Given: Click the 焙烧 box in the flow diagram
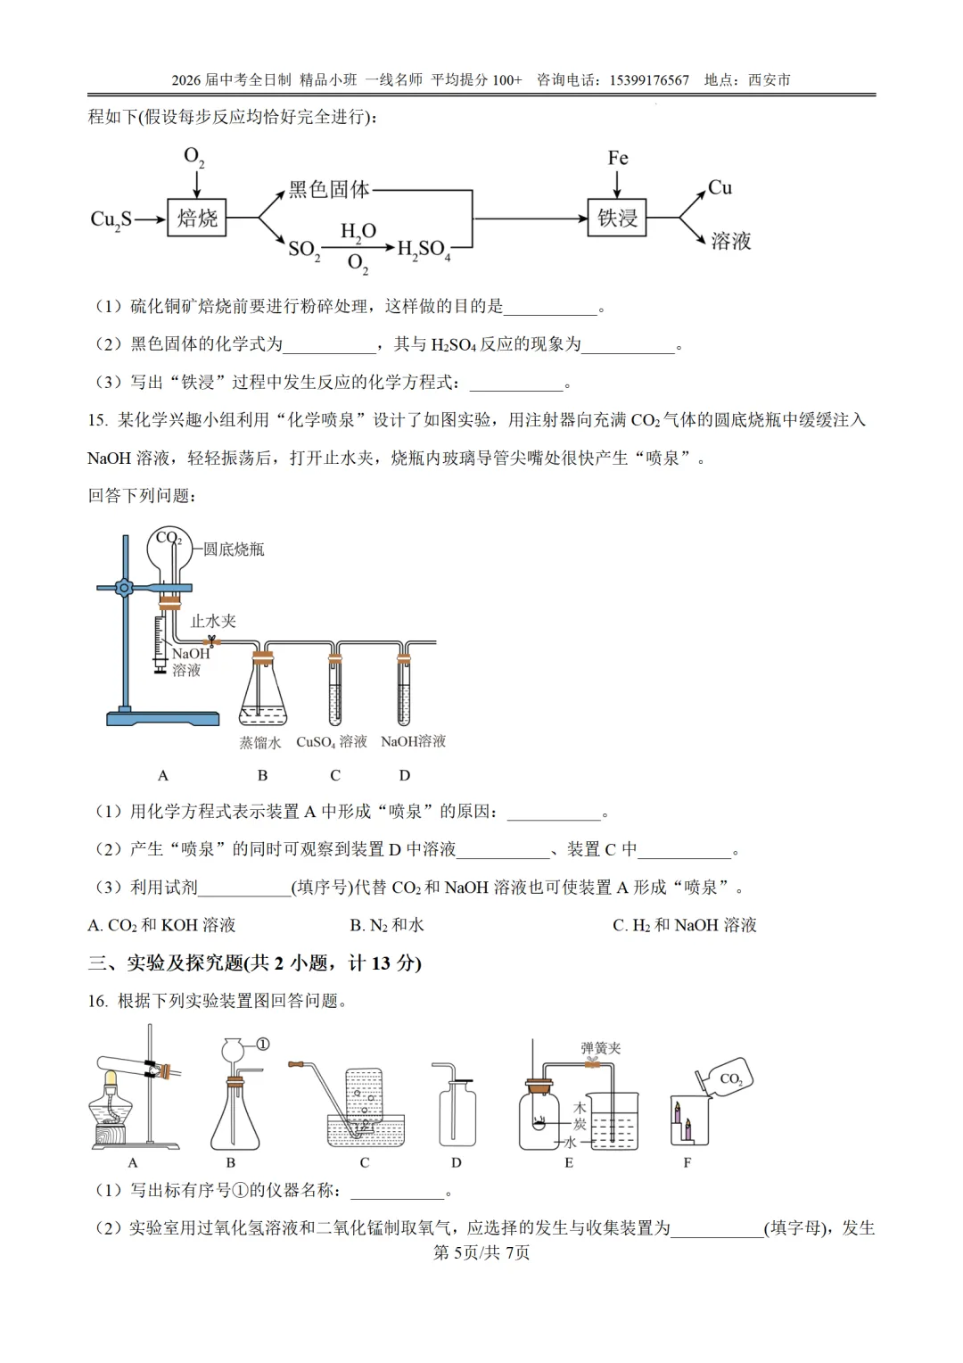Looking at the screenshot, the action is pyautogui.click(x=197, y=218).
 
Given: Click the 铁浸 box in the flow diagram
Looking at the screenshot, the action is pyautogui.click(x=617, y=218).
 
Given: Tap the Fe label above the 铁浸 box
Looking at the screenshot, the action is pyautogui.click(x=618, y=159).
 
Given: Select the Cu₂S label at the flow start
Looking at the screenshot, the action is pyautogui.click(x=111, y=219).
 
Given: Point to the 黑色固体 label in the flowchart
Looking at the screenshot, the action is pyautogui.click(x=328, y=189).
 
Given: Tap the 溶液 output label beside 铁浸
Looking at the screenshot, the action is pyautogui.click(x=730, y=241).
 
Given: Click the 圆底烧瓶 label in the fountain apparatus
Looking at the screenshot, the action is pyautogui.click(x=234, y=549).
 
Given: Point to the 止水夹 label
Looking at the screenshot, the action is pyautogui.click(x=213, y=621).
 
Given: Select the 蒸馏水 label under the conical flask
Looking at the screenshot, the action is pyautogui.click(x=259, y=742).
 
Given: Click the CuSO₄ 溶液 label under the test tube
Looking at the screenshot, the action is pyautogui.click(x=332, y=742).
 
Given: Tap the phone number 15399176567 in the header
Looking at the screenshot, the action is pyautogui.click(x=649, y=80).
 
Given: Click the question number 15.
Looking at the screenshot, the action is pyautogui.click(x=97, y=420).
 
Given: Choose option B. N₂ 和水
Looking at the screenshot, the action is pyautogui.click(x=387, y=925).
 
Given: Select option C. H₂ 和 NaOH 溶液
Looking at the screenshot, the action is pyautogui.click(x=684, y=925).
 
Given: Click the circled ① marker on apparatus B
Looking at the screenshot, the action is pyautogui.click(x=263, y=1044).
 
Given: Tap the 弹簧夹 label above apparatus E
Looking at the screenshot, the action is pyautogui.click(x=601, y=1048).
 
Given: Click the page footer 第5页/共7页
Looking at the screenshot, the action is pyautogui.click(x=481, y=1252).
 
